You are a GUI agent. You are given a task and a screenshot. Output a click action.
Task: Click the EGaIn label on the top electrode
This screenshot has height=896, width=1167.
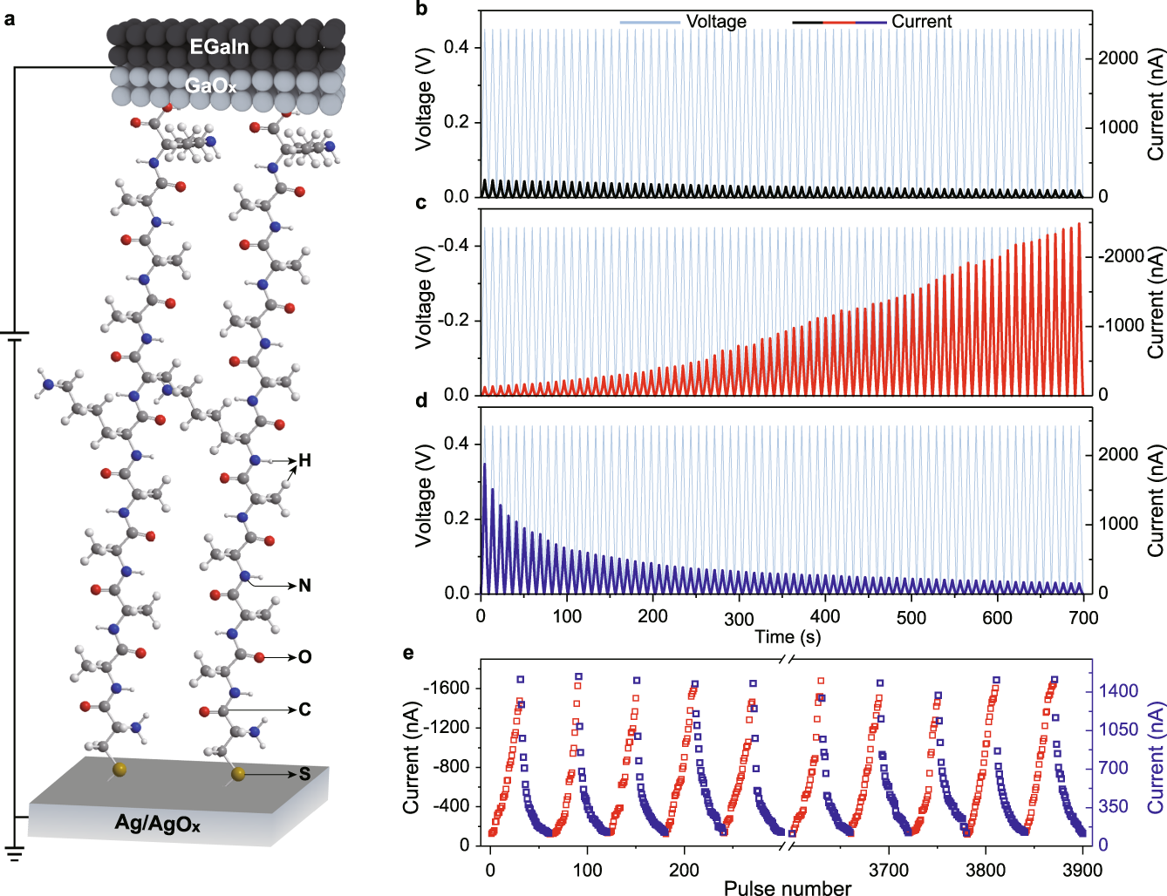coord(219,47)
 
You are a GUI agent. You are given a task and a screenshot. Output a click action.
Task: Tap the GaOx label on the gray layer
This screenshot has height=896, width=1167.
coord(210,86)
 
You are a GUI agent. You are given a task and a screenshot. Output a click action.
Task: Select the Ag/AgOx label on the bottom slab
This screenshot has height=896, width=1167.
coord(158,824)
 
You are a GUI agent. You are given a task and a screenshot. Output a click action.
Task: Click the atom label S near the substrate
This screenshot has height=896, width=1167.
coord(304,774)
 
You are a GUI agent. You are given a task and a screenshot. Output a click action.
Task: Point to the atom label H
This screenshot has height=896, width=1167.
coord(304,460)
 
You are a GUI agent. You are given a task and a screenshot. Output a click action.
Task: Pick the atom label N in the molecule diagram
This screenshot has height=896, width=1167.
coord(304,586)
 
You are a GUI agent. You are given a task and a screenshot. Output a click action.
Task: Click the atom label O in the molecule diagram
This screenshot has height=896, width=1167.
coord(304,657)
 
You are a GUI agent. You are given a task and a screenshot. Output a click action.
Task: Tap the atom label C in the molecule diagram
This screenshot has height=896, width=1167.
coord(304,710)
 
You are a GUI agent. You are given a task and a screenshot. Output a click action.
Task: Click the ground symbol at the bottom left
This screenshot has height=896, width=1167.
coord(15,852)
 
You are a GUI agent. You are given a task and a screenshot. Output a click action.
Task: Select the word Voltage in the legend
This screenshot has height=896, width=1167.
coord(716,22)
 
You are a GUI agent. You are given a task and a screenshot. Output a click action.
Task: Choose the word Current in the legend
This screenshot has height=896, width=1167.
coord(921,22)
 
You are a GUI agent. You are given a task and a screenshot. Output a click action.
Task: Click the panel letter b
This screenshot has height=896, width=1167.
coord(421,10)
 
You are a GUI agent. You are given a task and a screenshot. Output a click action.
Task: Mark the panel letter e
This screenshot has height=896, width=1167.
coord(408,653)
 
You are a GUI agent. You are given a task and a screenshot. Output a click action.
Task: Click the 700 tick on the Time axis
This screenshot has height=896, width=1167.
coord(1083,617)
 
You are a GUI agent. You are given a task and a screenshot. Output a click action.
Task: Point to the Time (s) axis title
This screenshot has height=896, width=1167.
coord(787,637)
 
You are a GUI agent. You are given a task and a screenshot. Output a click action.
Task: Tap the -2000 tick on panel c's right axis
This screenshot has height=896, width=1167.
coord(1120,256)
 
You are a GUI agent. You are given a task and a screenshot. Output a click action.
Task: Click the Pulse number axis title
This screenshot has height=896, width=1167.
coord(787,887)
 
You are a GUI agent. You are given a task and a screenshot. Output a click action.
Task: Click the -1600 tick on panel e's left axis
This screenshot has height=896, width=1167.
coord(446,688)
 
